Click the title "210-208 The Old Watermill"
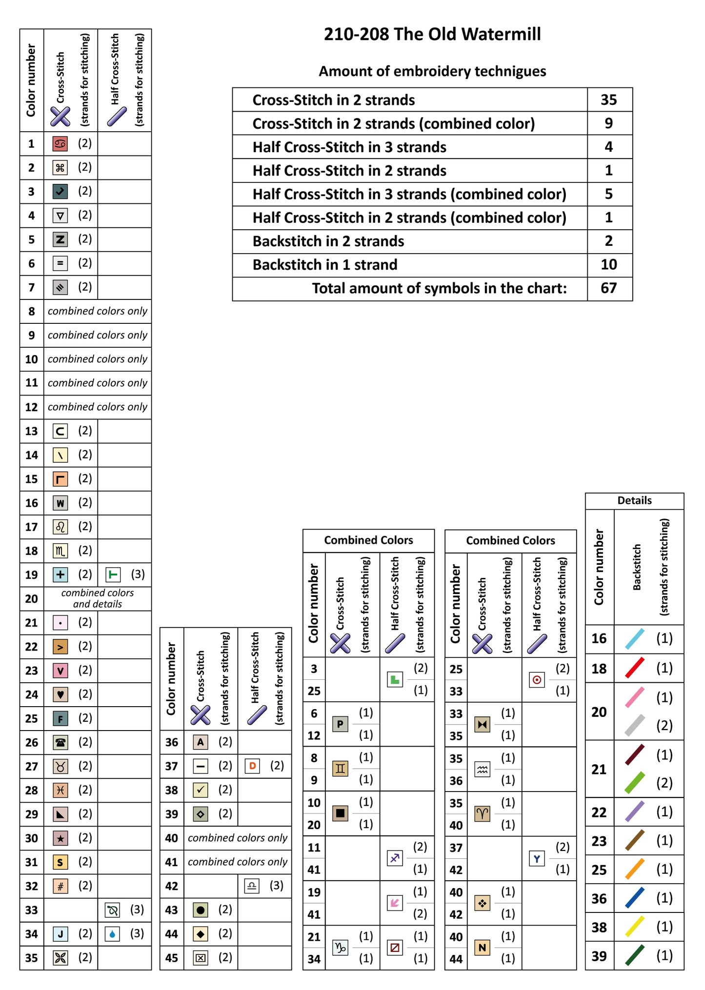[x=432, y=34]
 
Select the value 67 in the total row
[x=609, y=288]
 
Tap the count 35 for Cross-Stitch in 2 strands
[x=609, y=100]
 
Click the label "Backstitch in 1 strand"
[x=325, y=265]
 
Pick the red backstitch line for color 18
[x=635, y=668]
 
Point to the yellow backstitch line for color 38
[x=635, y=927]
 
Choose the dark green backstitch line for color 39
[x=635, y=955]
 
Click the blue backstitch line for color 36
[x=635, y=898]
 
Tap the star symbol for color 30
[x=60, y=838]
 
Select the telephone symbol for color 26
[x=60, y=743]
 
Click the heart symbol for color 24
[x=60, y=694]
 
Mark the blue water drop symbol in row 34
[x=113, y=934]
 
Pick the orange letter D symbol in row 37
[x=252, y=766]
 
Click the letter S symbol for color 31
[x=60, y=862]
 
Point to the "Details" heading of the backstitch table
[x=634, y=500]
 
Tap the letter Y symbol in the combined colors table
[x=537, y=859]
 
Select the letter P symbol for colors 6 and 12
[x=340, y=724]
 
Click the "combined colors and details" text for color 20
[x=98, y=598]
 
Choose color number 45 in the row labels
[x=172, y=958]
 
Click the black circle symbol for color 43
[x=201, y=910]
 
